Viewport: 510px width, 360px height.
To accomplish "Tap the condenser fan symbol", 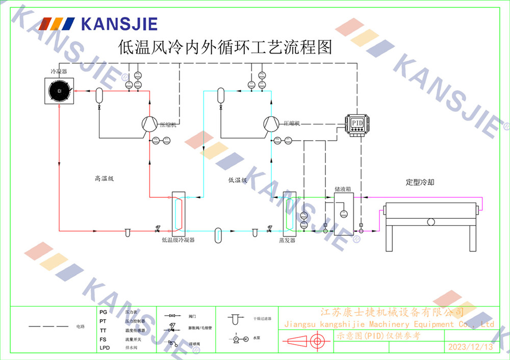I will tap(59, 92).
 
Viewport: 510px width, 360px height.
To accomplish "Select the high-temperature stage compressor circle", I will tap(149, 123).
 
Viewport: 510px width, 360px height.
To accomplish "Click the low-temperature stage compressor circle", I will tap(271, 123).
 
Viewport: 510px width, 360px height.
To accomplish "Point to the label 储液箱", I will tap(343, 189).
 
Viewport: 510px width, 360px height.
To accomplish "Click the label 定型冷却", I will tap(420, 182).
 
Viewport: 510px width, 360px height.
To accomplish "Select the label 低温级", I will tap(238, 180).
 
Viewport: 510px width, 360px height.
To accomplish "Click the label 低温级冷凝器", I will tap(178, 239).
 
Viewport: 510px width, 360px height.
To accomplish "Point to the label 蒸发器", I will tap(287, 240).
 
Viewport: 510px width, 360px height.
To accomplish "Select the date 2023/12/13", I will tap(470, 347).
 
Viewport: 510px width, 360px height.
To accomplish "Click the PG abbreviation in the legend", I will tap(103, 312).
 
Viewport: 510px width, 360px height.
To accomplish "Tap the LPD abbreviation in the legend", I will tap(105, 348).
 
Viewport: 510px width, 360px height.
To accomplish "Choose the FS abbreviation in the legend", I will tap(103, 339).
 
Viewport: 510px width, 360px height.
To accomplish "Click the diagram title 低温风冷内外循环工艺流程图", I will tap(225, 48).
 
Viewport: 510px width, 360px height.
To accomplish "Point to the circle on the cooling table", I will tap(431, 222).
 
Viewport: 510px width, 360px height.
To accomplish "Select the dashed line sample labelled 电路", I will tap(48, 326).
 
